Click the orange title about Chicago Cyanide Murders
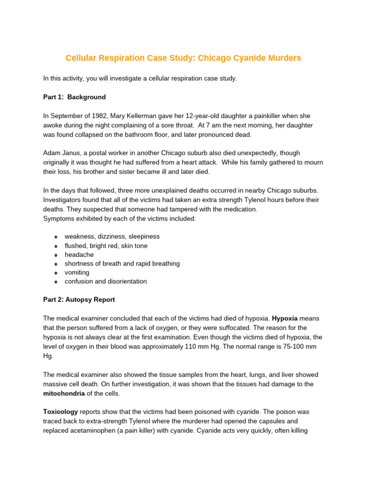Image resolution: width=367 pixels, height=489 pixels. click(x=183, y=58)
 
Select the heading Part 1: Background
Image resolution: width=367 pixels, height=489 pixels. click(x=74, y=97)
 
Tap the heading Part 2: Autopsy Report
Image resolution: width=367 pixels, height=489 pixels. click(x=79, y=300)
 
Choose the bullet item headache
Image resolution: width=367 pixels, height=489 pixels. click(x=79, y=255)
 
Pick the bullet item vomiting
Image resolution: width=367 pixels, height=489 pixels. click(x=76, y=272)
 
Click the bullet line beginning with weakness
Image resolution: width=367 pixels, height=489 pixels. click(x=112, y=236)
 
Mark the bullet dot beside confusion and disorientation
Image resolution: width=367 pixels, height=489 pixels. click(x=56, y=282)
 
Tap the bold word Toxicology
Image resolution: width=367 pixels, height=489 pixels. click(x=60, y=411)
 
